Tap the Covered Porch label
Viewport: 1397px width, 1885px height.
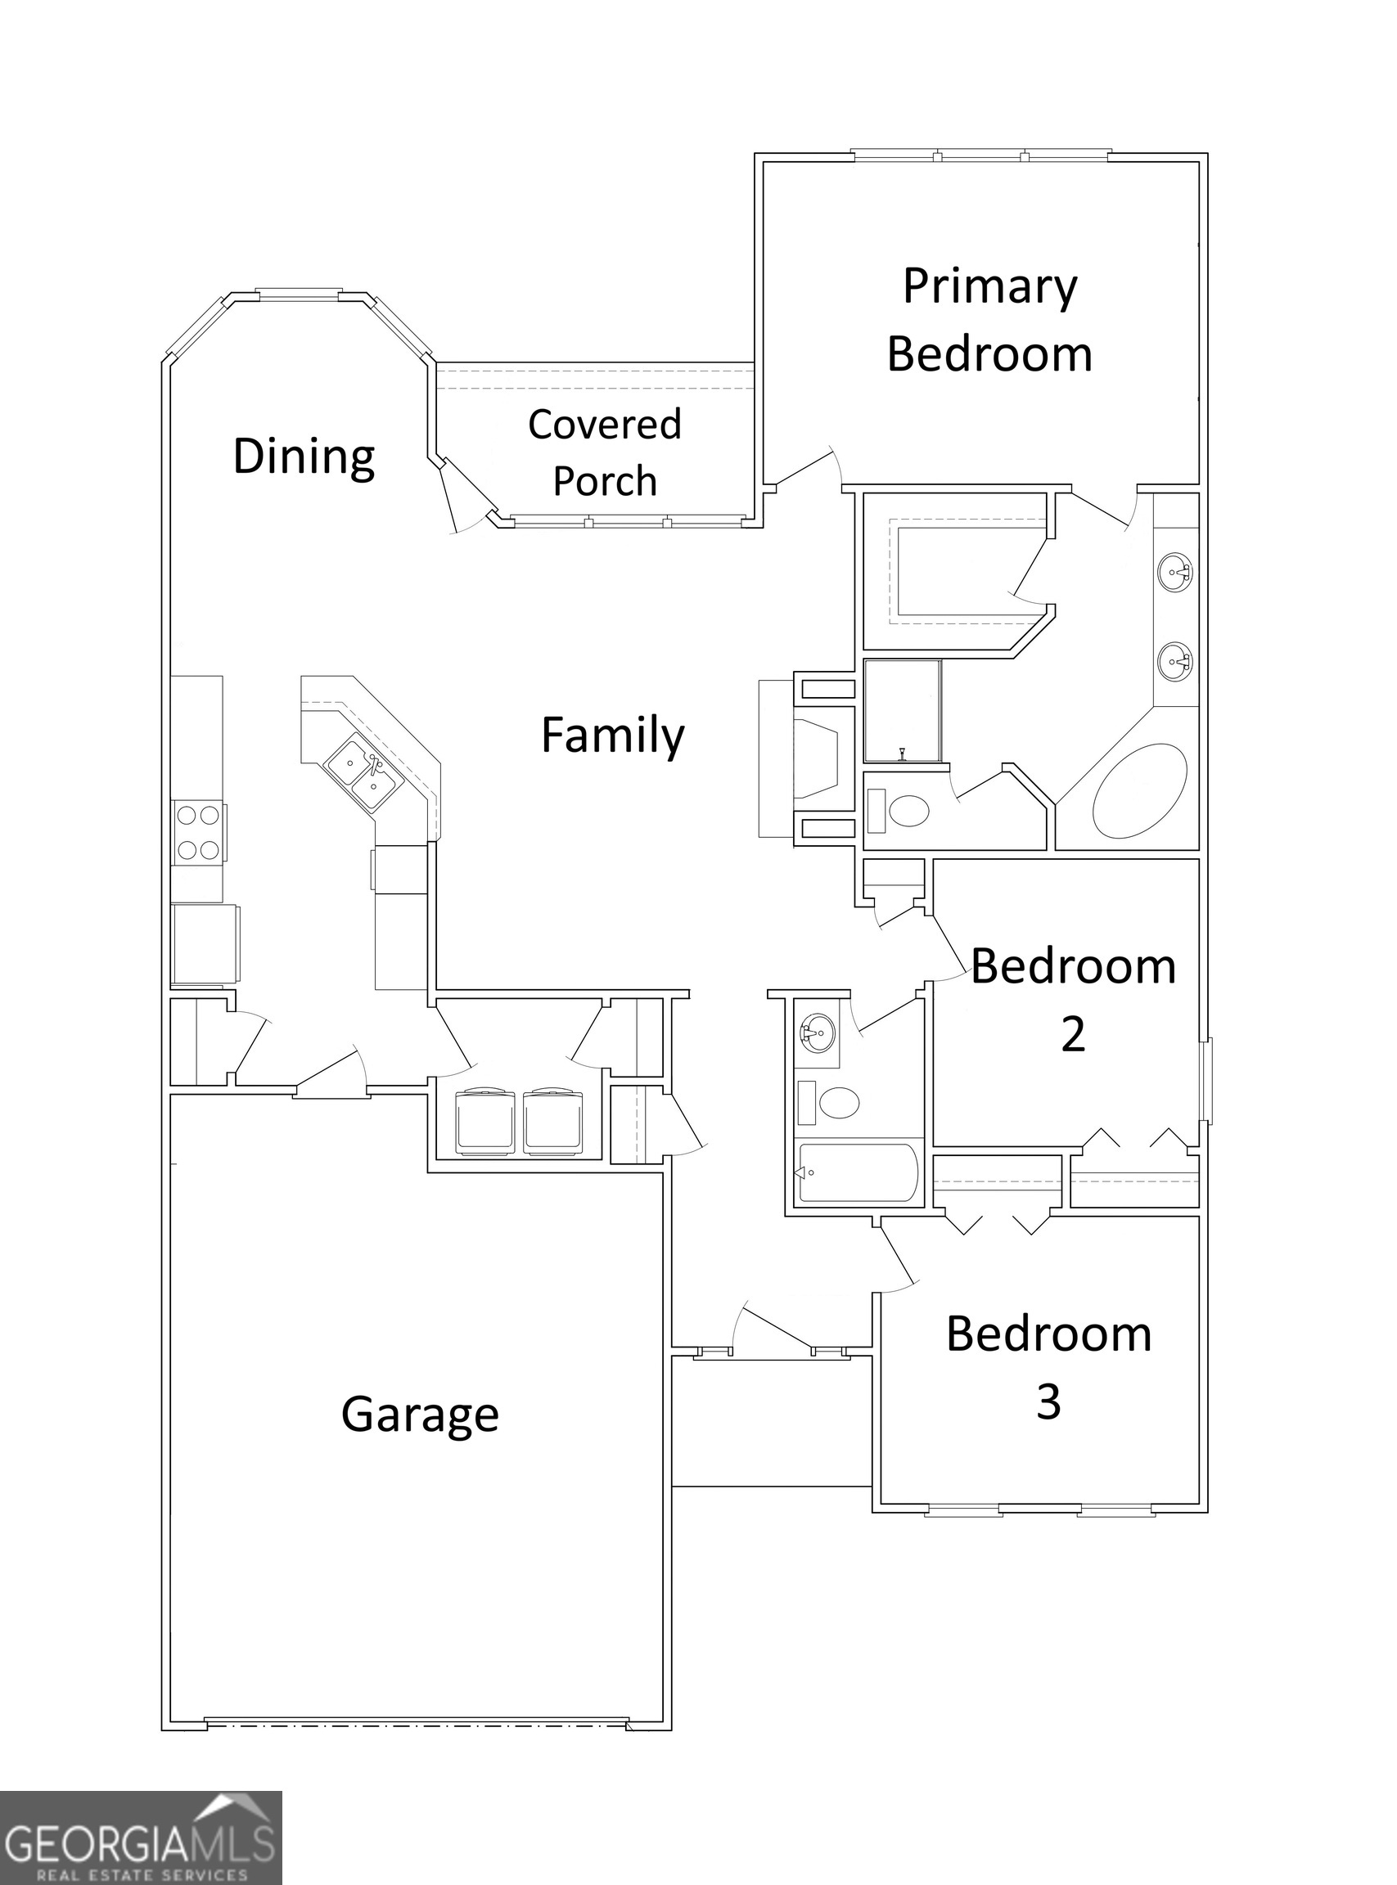click(604, 452)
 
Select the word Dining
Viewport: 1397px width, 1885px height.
click(304, 457)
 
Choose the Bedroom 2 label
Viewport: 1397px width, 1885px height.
click(1072, 999)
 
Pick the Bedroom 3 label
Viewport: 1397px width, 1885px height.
click(1048, 1367)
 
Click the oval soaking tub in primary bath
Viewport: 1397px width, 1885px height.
click(1139, 791)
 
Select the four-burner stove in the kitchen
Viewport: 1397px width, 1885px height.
click(199, 832)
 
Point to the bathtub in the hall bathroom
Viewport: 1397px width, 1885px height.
click(856, 1172)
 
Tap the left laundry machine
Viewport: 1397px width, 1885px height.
click(485, 1121)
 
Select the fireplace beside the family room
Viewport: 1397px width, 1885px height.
click(816, 757)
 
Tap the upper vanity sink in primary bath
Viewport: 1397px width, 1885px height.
click(1174, 572)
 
